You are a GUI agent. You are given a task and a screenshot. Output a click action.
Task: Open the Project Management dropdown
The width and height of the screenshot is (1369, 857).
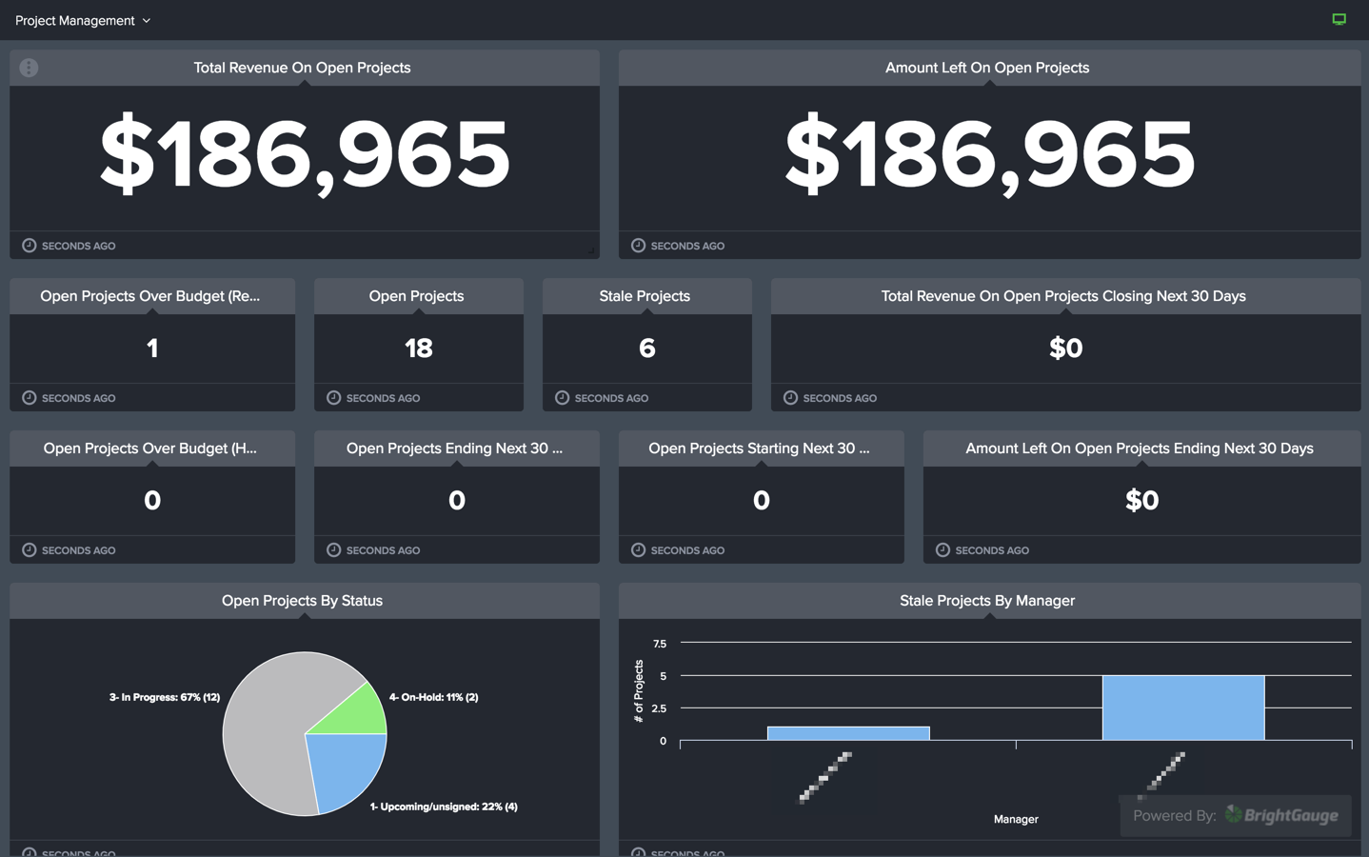click(83, 20)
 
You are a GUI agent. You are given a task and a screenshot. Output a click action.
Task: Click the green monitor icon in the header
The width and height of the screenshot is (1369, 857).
click(1339, 19)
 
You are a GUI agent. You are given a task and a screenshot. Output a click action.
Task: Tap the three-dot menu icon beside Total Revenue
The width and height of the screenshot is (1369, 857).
click(29, 68)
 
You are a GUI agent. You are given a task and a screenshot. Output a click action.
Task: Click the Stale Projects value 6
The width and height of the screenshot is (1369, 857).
click(646, 349)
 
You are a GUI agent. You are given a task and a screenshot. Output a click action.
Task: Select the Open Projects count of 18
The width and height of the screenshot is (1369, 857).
click(418, 349)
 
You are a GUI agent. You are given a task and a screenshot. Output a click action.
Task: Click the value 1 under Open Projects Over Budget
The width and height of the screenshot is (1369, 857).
click(152, 349)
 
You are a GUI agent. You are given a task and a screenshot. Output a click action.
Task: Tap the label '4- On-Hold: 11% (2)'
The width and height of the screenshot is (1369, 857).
click(433, 697)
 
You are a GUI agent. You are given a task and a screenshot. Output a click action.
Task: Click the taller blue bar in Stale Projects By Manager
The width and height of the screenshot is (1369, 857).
click(1182, 708)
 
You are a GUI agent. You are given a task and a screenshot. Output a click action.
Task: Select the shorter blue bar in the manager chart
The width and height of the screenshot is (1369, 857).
click(847, 733)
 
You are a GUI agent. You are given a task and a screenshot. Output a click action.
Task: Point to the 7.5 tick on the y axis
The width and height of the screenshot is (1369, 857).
click(660, 644)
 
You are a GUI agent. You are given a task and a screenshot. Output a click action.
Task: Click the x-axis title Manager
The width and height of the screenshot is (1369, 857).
click(1015, 819)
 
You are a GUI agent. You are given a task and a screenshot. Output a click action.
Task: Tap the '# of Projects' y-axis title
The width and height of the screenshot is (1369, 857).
click(639, 691)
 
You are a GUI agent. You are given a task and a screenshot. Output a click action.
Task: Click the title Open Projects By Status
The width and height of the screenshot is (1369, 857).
click(302, 601)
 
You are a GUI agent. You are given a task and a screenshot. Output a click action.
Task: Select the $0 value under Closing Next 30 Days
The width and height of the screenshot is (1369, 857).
click(1065, 349)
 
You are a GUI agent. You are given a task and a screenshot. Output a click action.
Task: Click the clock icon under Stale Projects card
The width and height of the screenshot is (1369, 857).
click(562, 398)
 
